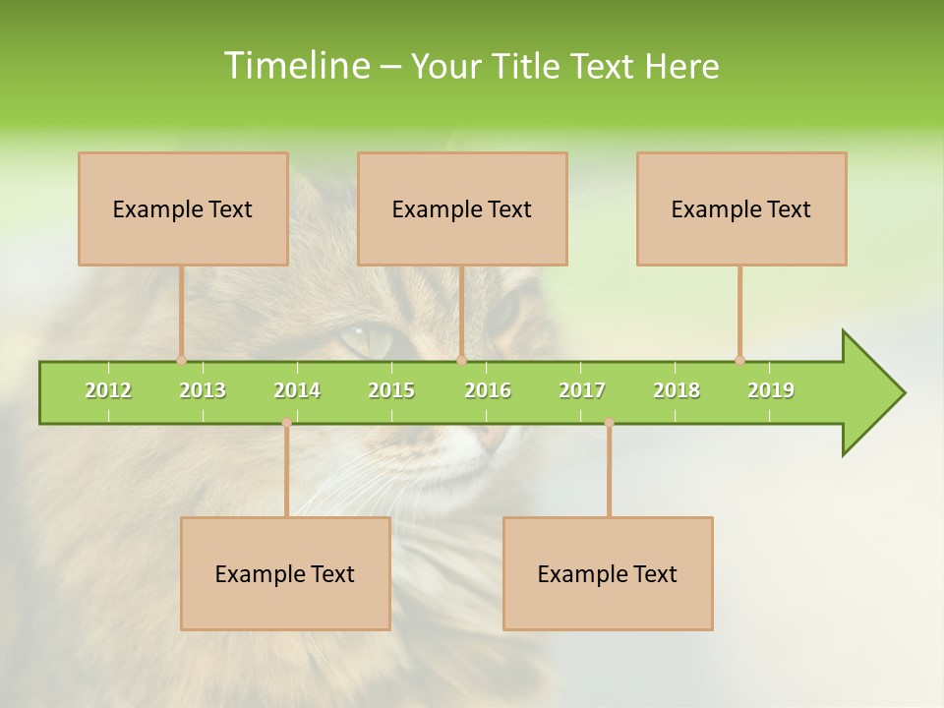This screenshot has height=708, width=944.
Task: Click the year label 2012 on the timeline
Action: [108, 390]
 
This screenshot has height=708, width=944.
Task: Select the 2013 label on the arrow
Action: [203, 390]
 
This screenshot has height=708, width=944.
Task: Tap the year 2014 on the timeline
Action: [297, 390]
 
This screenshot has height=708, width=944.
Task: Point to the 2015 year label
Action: [391, 390]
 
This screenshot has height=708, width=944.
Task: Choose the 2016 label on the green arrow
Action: [488, 390]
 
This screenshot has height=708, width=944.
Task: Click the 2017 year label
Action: [582, 390]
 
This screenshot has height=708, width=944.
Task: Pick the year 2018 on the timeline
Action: [677, 390]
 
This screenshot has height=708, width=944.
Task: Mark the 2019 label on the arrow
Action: [771, 390]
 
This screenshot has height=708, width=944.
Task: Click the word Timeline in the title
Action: [295, 66]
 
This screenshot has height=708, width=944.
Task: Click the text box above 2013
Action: [183, 208]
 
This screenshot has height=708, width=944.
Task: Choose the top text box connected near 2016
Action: [462, 208]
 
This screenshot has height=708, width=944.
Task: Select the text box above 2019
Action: [741, 208]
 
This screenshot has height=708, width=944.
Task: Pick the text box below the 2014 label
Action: [285, 573]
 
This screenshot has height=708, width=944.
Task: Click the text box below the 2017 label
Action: [608, 573]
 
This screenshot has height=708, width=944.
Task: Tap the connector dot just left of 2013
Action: [181, 360]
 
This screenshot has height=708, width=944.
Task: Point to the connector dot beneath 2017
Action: [609, 423]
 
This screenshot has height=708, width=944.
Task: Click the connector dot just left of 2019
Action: [739, 360]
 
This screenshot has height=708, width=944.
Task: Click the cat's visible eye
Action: [366, 339]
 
